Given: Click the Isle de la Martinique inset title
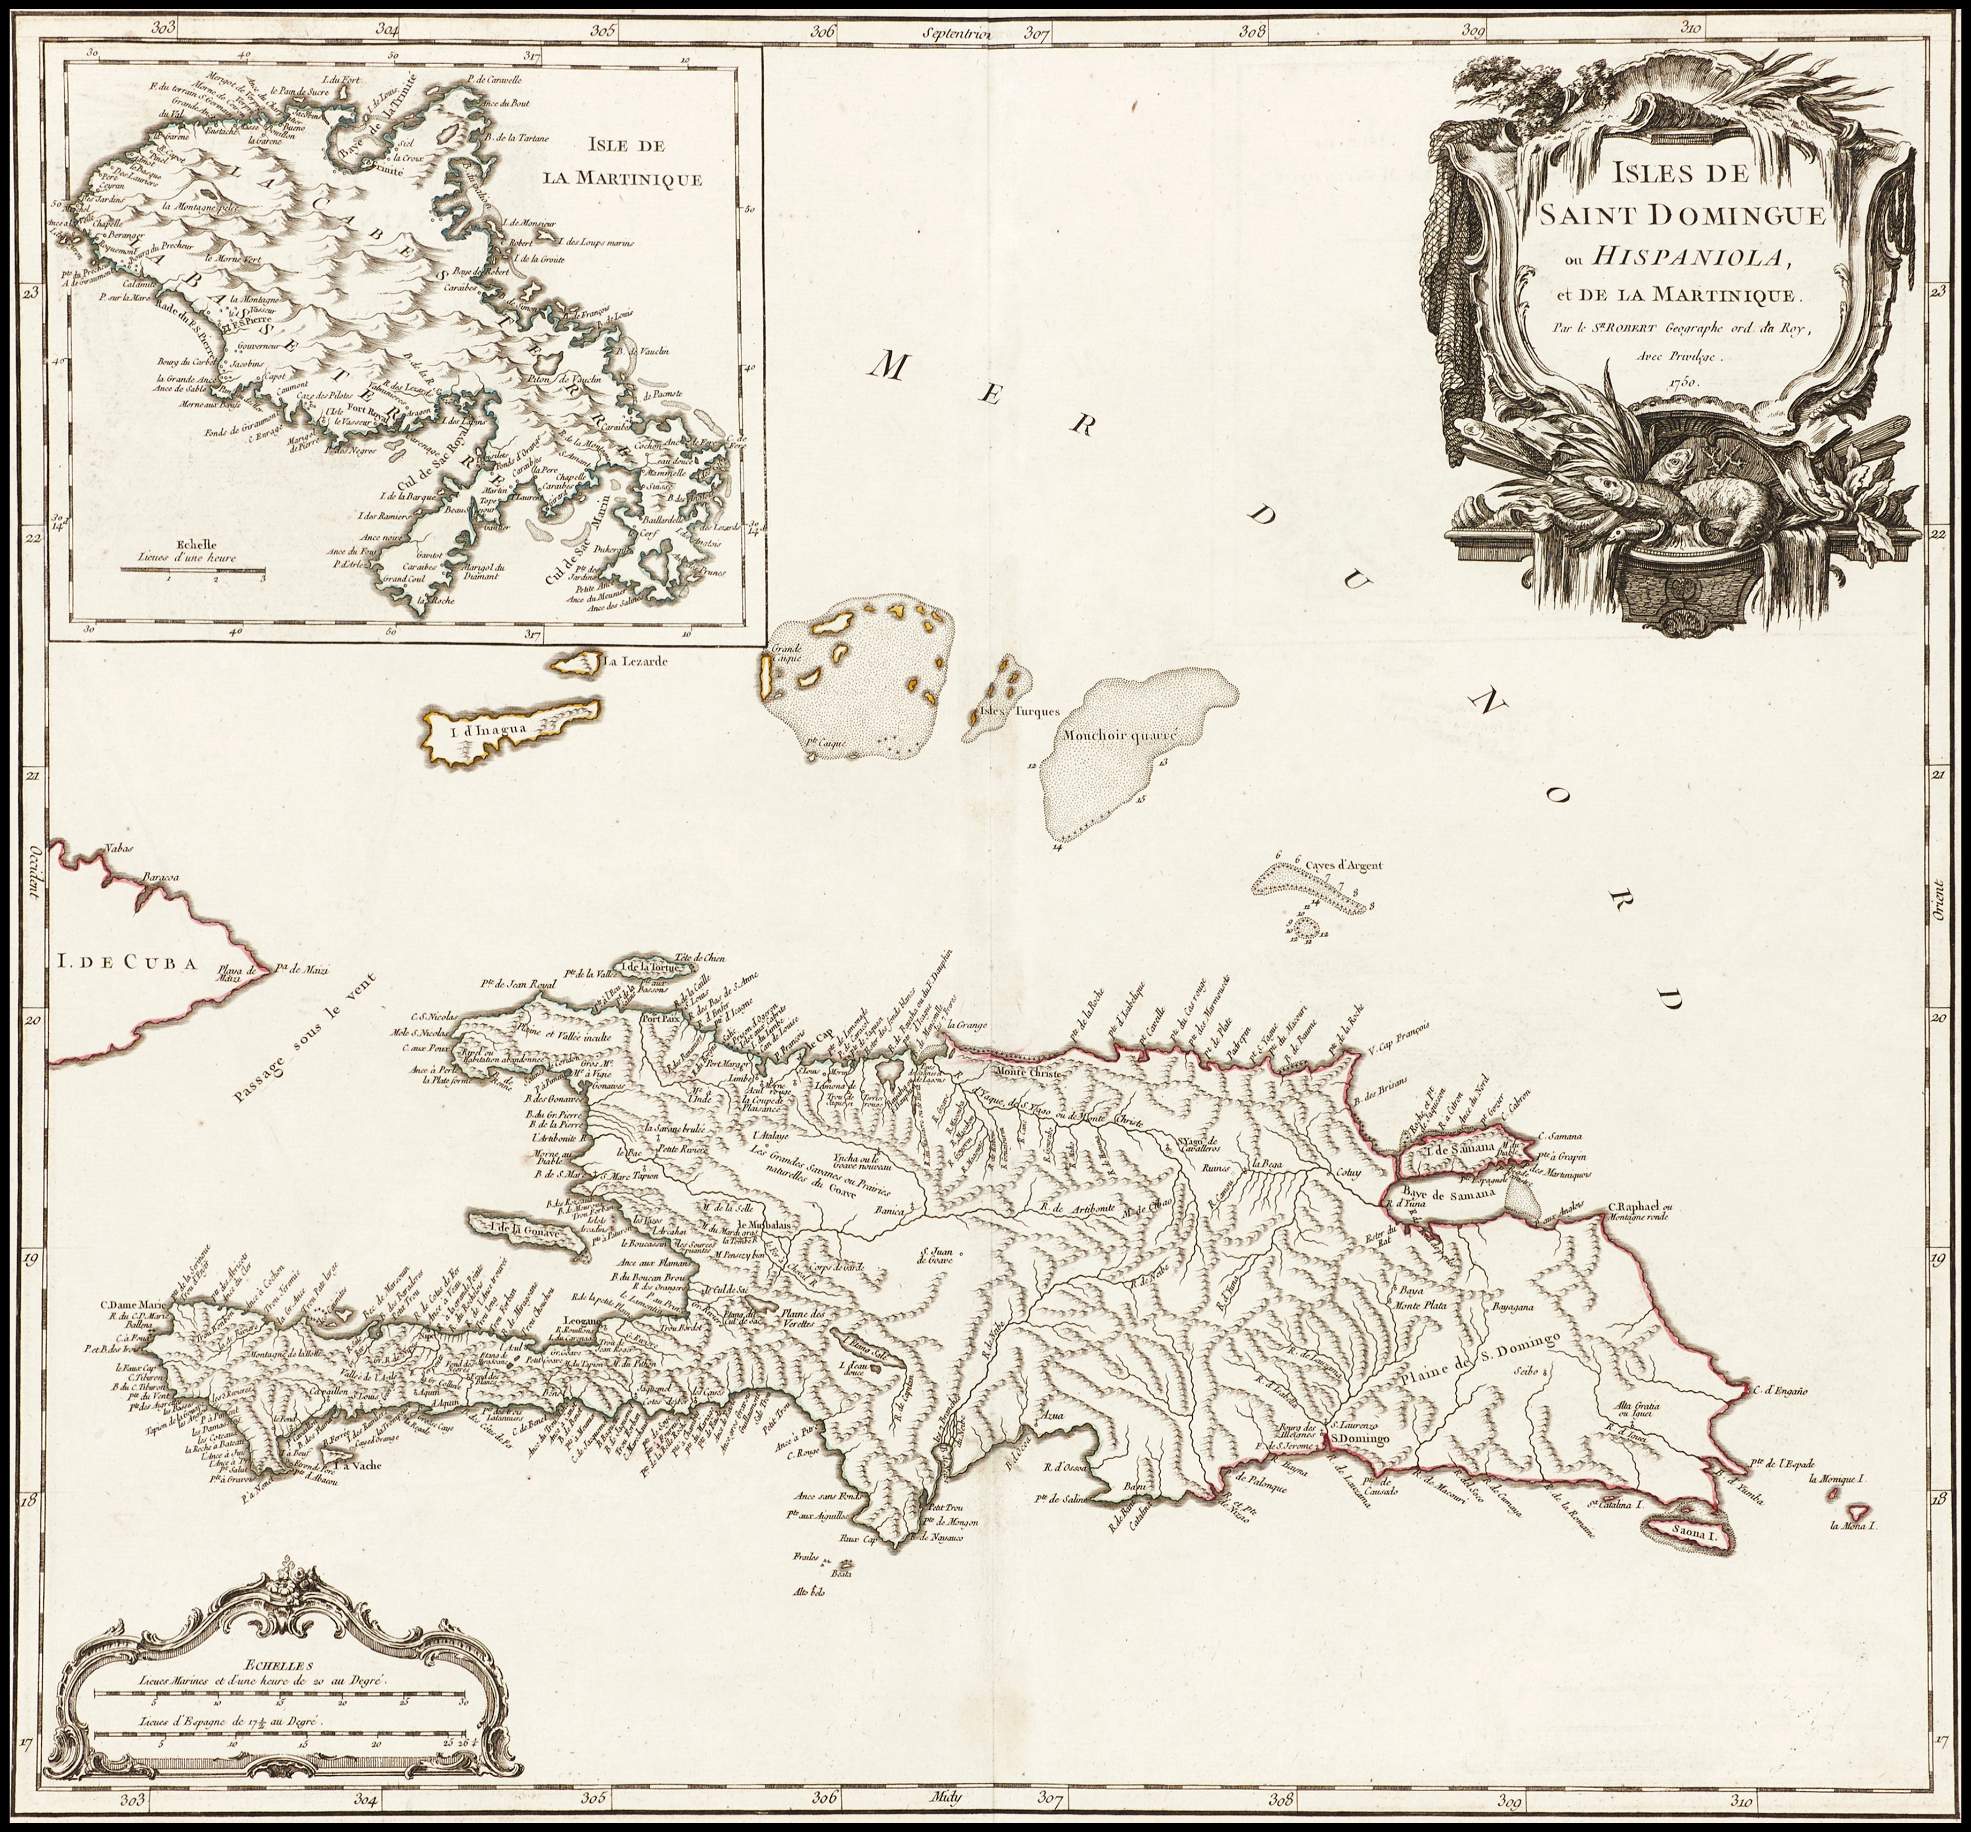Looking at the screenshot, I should pyautogui.click(x=622, y=163).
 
